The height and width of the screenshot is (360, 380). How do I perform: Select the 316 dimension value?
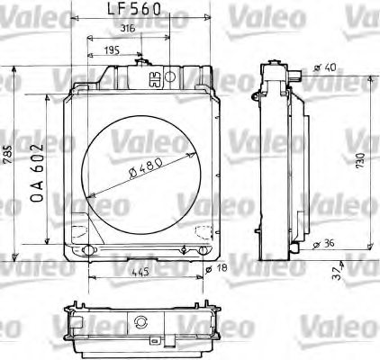129,29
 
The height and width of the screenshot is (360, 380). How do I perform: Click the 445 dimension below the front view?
140,271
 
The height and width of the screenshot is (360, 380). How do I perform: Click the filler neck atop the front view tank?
140,61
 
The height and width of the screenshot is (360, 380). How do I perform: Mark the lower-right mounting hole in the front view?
200,249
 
